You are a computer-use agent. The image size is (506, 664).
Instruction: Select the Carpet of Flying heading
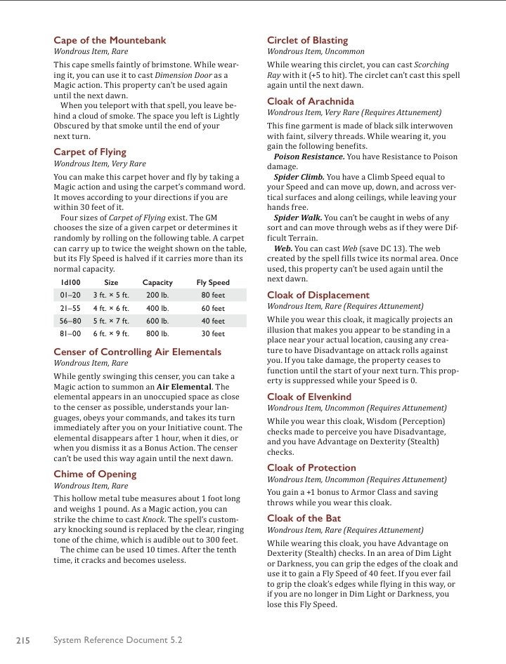(x=90, y=152)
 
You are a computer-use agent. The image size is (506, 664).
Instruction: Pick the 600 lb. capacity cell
(x=157, y=321)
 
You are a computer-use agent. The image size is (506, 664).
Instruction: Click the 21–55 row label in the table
(x=71, y=308)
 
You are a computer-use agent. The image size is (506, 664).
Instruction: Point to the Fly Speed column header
(x=213, y=283)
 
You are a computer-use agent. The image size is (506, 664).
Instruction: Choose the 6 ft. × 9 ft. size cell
(x=111, y=333)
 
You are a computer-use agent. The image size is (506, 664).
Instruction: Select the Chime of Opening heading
(x=95, y=474)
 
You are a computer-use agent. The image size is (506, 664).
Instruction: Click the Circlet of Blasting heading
(x=307, y=41)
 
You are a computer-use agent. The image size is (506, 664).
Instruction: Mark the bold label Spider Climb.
(x=299, y=178)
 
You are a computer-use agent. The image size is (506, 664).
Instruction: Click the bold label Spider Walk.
(x=297, y=218)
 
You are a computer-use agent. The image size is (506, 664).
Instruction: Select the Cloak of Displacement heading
(x=318, y=295)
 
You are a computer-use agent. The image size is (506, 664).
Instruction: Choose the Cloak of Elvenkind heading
(x=309, y=397)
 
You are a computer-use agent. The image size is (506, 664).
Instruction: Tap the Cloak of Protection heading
(x=311, y=467)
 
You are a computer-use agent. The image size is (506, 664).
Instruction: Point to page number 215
(x=22, y=640)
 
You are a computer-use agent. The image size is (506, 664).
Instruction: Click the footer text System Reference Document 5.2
(x=117, y=640)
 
